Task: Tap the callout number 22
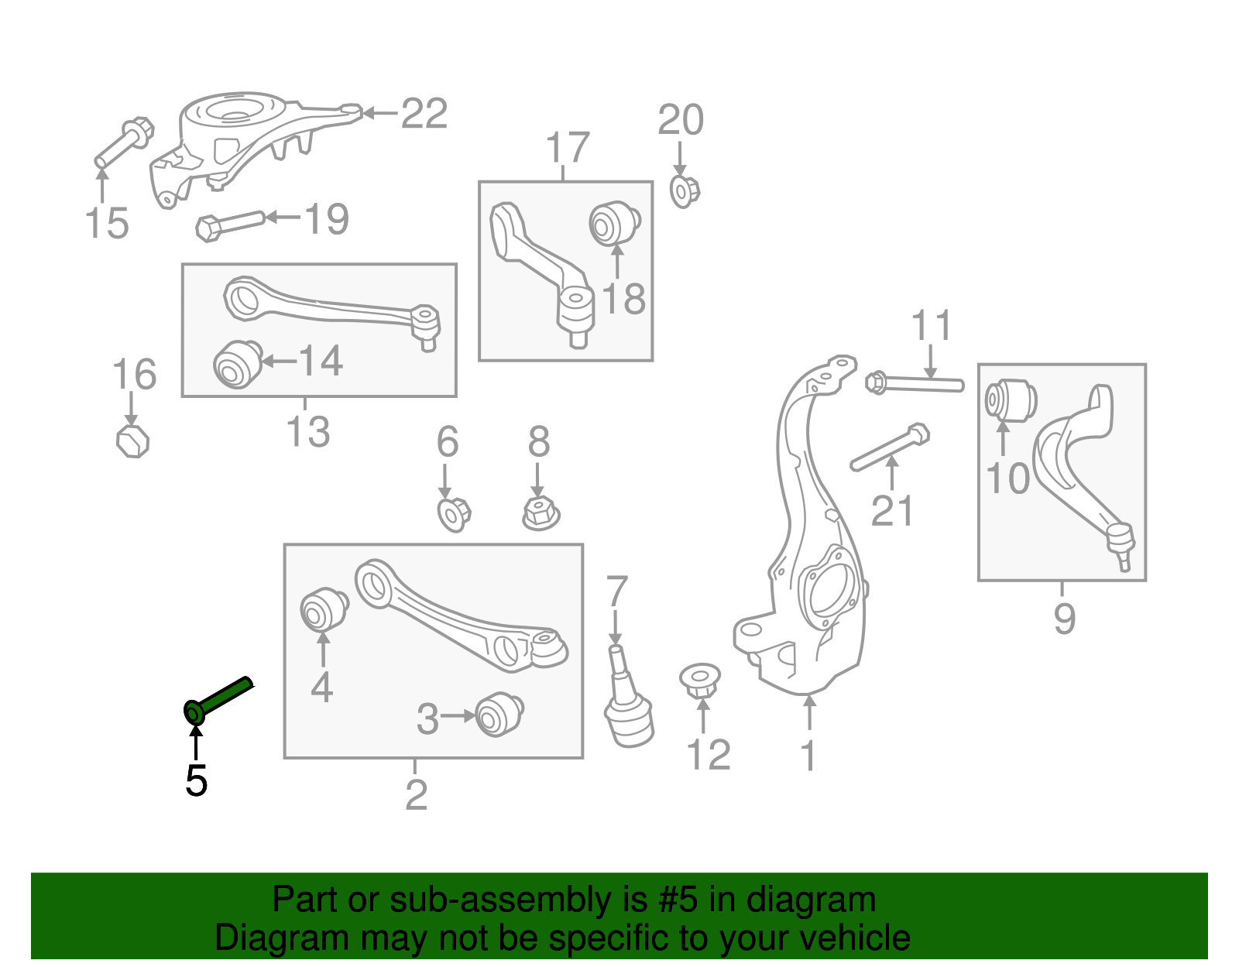coord(424,115)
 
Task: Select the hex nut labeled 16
coord(132,441)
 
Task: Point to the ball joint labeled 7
coord(627,705)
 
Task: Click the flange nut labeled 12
coord(700,679)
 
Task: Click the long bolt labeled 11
coord(917,382)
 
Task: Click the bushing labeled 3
coord(499,715)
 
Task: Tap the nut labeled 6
coord(454,514)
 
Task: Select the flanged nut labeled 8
coord(541,513)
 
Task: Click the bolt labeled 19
coord(230,224)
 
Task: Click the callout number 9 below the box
coord(1064,618)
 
